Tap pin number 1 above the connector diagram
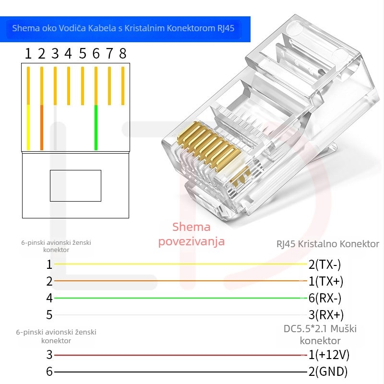tap(28, 53)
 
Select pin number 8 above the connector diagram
tap(123, 53)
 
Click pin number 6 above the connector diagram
tap(96, 53)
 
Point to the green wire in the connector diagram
tap(96, 127)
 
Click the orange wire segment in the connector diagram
tap(42, 127)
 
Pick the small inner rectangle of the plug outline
tap(75, 186)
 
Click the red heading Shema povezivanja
tap(192, 234)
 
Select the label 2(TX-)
tap(324, 264)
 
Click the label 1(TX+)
tap(325, 281)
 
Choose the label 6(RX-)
tap(324, 298)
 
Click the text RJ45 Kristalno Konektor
tap(328, 244)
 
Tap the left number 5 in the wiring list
tap(49, 315)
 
